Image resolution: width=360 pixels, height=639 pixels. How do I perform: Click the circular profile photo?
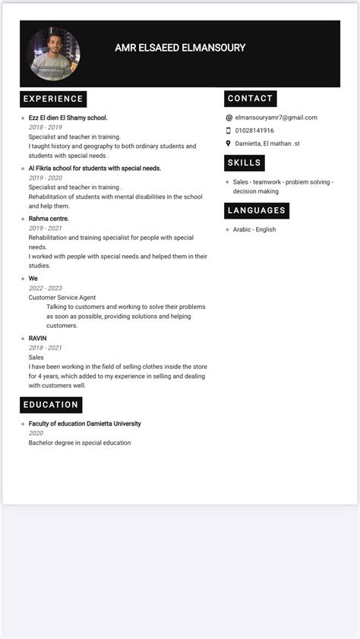[53, 53]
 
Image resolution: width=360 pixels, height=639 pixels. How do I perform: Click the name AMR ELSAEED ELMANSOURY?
[180, 48]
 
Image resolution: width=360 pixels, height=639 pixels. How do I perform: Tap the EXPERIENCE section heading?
[53, 99]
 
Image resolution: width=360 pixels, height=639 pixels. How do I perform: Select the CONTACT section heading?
[250, 99]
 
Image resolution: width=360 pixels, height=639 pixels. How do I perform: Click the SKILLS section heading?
[245, 162]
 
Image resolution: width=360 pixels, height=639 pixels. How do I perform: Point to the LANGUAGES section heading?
[257, 210]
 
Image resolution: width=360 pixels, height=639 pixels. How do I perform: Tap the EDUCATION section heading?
[51, 404]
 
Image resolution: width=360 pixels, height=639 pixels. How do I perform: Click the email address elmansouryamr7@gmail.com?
[276, 118]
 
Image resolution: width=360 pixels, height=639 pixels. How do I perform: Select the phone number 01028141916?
[254, 131]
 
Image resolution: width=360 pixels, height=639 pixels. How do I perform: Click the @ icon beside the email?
[229, 118]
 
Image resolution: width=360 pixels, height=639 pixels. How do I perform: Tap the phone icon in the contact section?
[229, 131]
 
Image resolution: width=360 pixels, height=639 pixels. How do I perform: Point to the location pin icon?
[229, 143]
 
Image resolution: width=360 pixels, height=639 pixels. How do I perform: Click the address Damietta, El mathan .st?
[267, 143]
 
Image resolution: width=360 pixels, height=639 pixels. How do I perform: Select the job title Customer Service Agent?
[62, 297]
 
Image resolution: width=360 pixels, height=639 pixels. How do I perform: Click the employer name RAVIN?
[38, 338]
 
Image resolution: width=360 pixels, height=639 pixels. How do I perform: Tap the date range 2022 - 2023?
[46, 288]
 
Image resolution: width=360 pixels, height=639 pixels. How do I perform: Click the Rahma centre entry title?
[49, 219]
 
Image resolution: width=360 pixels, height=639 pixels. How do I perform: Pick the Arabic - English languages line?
[254, 229]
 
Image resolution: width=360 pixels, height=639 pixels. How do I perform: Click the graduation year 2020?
[36, 433]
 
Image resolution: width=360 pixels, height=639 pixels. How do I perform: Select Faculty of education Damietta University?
[84, 423]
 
